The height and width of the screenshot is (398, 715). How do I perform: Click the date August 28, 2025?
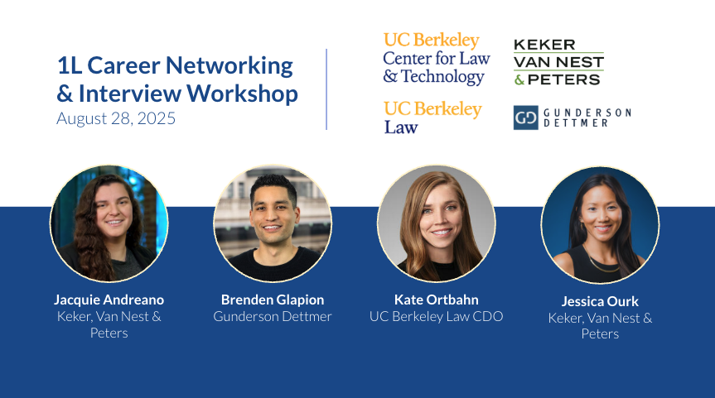[x=116, y=118]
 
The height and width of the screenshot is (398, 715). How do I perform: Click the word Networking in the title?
[x=229, y=66]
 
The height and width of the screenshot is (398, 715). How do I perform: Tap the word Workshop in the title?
[x=242, y=94]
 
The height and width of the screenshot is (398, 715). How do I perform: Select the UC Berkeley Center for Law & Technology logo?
[x=437, y=58]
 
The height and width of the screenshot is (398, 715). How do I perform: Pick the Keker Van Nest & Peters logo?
[x=558, y=62]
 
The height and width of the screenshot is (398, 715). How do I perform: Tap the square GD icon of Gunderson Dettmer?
[x=526, y=117]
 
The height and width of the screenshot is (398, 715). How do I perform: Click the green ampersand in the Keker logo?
[x=519, y=80]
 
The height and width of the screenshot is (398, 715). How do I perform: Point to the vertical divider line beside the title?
[x=326, y=89]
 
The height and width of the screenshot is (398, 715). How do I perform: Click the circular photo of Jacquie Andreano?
[x=109, y=223]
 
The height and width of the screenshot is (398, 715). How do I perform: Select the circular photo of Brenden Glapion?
[x=273, y=223]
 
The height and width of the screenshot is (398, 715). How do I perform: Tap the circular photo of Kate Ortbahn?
[x=437, y=223]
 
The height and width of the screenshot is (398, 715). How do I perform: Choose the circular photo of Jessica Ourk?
[x=600, y=225]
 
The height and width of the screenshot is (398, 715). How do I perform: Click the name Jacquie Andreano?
[x=109, y=300]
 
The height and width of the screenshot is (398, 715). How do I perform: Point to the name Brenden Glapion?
[x=273, y=300]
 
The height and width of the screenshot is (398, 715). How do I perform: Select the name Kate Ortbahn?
[x=437, y=300]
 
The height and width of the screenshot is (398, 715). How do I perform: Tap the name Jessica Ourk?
[x=600, y=301]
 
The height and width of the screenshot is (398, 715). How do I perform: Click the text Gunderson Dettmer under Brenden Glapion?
[x=273, y=316]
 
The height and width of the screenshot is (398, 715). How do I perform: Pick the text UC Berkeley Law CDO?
[x=437, y=316]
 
